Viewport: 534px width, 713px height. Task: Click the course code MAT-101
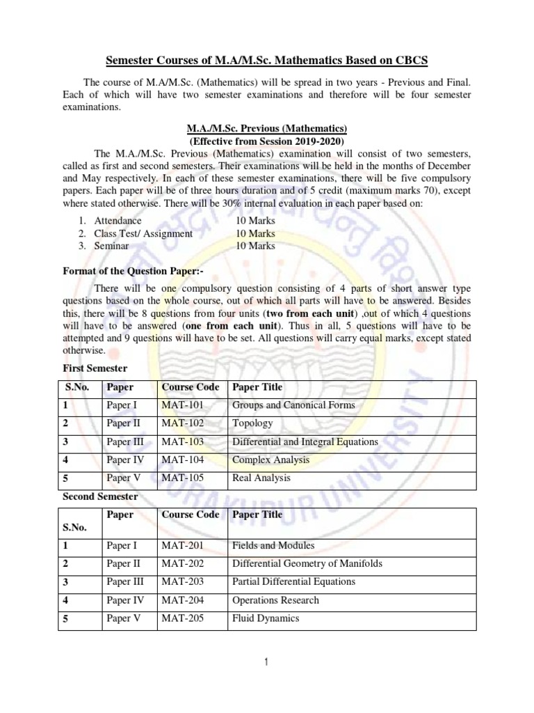(x=184, y=405)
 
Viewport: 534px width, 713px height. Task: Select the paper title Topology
(x=252, y=423)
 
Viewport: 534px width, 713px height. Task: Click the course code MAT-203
(x=184, y=582)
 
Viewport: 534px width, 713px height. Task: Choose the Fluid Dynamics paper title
(x=266, y=618)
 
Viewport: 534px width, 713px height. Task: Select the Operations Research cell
(x=275, y=600)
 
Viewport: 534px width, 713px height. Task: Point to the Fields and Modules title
(x=273, y=546)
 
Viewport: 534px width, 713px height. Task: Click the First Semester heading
(x=95, y=368)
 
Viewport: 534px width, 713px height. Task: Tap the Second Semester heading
(x=101, y=496)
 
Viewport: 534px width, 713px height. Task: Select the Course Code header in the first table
(x=190, y=387)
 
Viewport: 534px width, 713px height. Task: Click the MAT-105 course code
(x=184, y=478)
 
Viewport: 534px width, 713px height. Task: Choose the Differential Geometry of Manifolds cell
(x=307, y=564)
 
